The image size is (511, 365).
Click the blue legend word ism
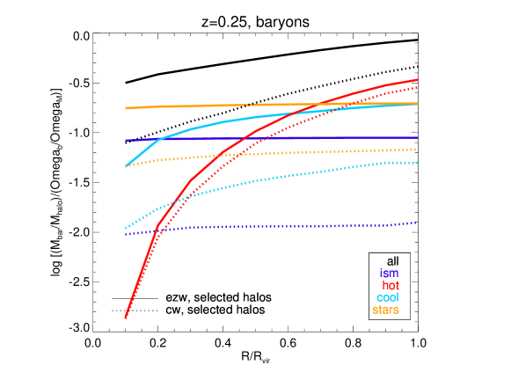click(x=389, y=274)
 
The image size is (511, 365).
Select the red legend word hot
click(x=391, y=286)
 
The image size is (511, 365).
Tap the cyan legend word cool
click(x=388, y=298)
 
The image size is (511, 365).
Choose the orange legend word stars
click(x=386, y=310)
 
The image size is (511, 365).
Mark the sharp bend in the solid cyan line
click(x=159, y=139)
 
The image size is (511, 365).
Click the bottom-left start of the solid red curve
click(x=127, y=318)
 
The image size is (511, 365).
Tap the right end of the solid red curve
click(x=417, y=80)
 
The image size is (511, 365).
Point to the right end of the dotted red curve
click(x=417, y=87)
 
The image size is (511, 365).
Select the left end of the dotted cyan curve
click(x=127, y=229)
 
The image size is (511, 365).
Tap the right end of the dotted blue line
click(x=417, y=223)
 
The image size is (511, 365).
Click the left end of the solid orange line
click(x=127, y=108)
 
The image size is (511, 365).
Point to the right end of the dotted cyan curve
click(x=417, y=164)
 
